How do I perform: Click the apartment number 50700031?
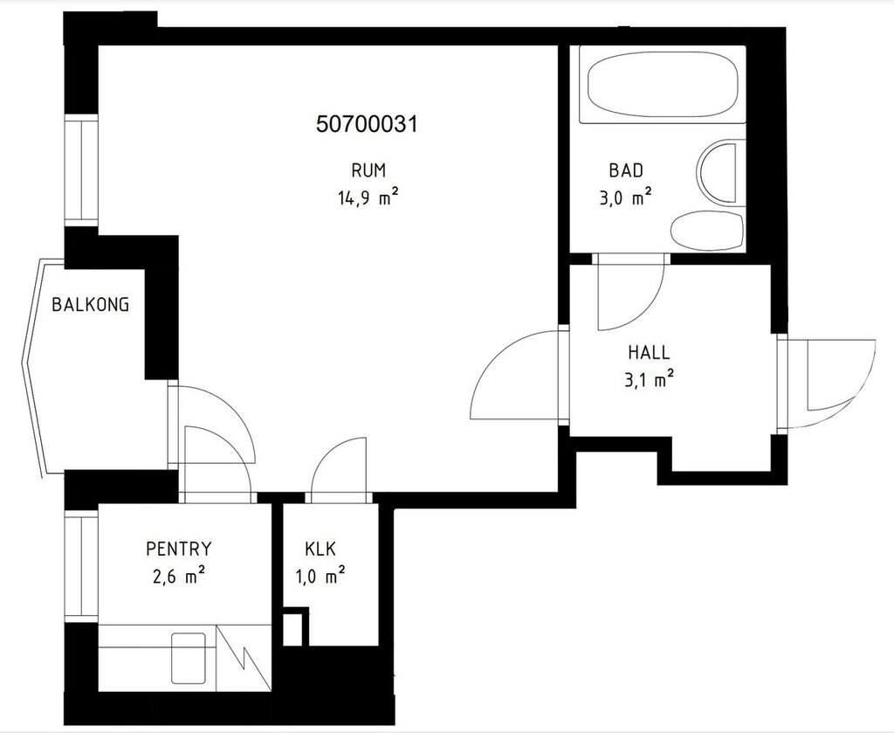(x=367, y=124)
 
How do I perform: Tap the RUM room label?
(x=368, y=170)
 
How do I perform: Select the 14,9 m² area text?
(x=368, y=198)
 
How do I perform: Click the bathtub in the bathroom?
(x=662, y=85)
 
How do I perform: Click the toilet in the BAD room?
(x=707, y=231)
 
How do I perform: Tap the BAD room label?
(x=626, y=170)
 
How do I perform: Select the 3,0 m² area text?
(x=625, y=197)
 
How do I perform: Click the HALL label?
(x=649, y=352)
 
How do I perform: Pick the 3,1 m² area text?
(x=649, y=379)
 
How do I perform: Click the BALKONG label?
(x=91, y=305)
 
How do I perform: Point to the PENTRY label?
(x=178, y=549)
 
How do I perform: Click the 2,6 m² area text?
(x=178, y=577)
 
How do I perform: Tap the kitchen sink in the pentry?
(x=189, y=658)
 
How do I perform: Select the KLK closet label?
(x=320, y=550)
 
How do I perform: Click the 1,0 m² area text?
(x=320, y=577)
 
